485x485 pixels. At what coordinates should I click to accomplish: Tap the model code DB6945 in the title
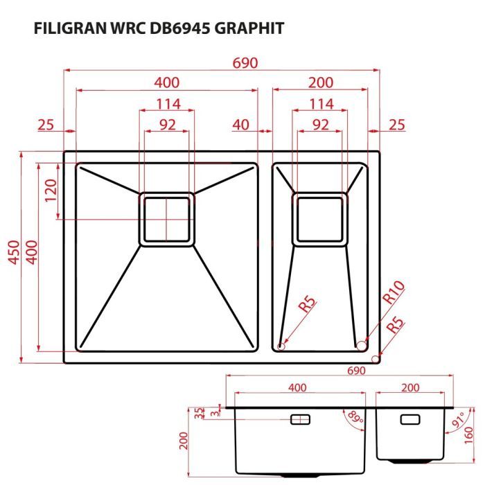coord(182,28)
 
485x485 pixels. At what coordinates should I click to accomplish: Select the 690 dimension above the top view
coord(245,62)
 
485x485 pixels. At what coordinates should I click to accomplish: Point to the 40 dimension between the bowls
coord(241,125)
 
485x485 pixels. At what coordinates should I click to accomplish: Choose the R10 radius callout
coord(393,292)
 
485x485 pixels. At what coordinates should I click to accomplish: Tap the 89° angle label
coord(355,418)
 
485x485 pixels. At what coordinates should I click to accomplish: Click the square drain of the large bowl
coord(167,219)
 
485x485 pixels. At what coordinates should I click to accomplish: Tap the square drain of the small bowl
coord(320,219)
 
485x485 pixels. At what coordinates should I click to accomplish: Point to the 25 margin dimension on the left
coord(46,125)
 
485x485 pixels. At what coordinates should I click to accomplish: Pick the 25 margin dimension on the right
coord(396,125)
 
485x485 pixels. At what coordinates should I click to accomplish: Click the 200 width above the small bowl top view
coord(320,83)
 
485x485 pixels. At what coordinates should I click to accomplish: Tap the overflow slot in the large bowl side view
coord(301,419)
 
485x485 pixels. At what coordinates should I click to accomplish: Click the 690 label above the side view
coord(355,371)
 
